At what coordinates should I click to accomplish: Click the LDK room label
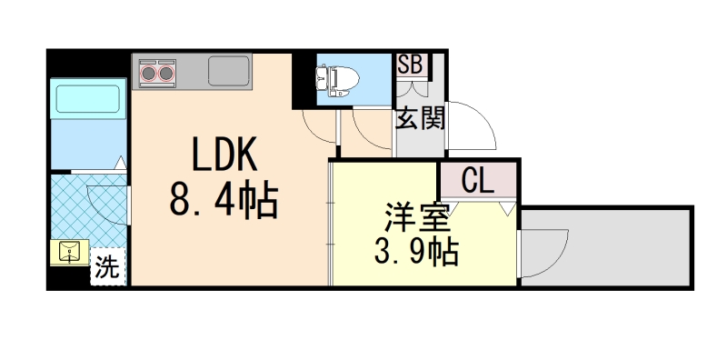pyautogui.click(x=224, y=155)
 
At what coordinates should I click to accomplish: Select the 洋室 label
pyautogui.click(x=417, y=217)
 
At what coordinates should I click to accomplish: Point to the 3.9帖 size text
pyautogui.click(x=417, y=251)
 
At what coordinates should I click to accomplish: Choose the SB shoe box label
pyautogui.click(x=410, y=65)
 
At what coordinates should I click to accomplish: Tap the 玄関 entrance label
pyautogui.click(x=419, y=118)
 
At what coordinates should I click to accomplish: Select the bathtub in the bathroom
pyautogui.click(x=87, y=97)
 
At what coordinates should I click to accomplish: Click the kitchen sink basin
pyautogui.click(x=227, y=70)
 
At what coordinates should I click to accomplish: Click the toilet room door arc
pyautogui.click(x=320, y=125)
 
